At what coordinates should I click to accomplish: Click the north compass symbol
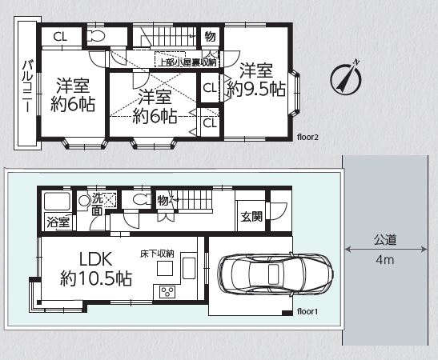point(346,78)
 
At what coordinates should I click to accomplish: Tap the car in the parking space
point(275,274)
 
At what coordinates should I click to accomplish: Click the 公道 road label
point(385,240)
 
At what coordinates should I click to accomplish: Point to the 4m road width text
point(385,260)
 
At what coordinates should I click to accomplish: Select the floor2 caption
point(307,138)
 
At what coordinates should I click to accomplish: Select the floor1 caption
point(307,311)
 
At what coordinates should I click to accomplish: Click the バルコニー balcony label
point(27,86)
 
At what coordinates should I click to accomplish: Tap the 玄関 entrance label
point(251,217)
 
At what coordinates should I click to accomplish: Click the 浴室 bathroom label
point(58,222)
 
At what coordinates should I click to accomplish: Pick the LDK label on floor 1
point(96,259)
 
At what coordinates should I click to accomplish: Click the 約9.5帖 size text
point(256,90)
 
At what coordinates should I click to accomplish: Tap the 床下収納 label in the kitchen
point(157,254)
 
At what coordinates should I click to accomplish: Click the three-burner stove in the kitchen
point(167,292)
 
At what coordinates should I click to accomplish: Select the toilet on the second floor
point(95,36)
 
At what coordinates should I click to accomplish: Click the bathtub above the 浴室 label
point(57,201)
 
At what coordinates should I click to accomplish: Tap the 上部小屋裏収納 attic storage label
point(187,62)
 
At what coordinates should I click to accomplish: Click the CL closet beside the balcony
point(60,37)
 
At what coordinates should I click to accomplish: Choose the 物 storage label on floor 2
point(210,36)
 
